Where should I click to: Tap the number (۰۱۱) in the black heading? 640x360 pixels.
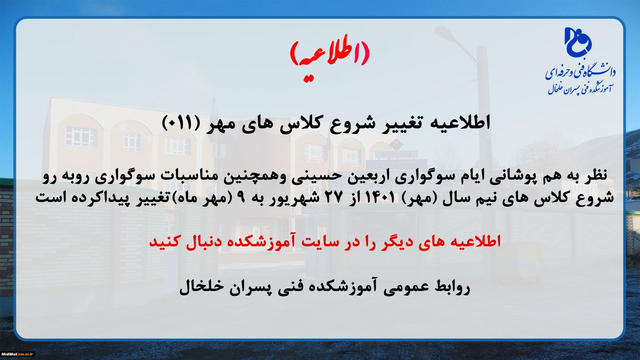point(181,123)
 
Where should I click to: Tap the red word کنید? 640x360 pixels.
point(165,241)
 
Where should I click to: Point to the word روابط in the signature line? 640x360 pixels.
point(452,287)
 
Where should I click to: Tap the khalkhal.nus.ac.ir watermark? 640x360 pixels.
point(17,354)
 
